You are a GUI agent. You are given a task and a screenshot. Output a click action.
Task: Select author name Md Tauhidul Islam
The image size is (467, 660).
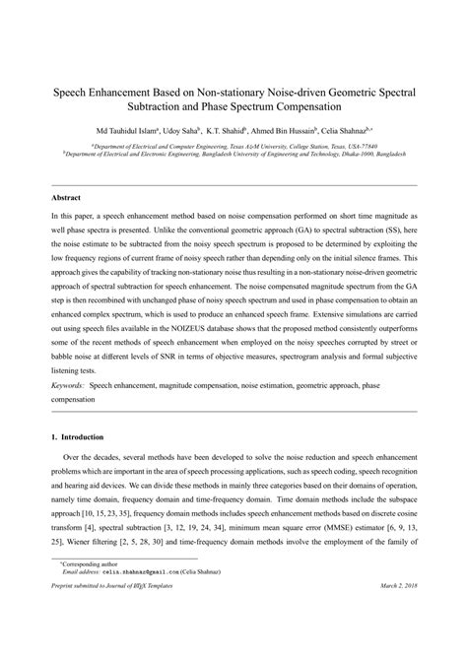(x=129, y=129)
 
